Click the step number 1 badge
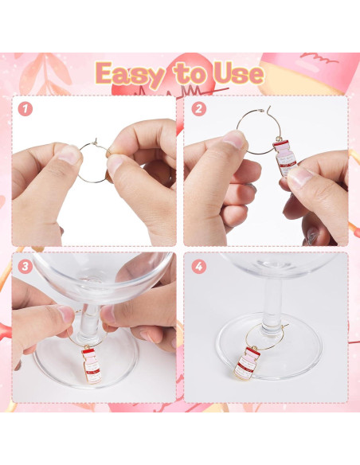click(25, 108)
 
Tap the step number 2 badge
click(198, 109)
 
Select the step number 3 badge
click(25, 266)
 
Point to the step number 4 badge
click(198, 266)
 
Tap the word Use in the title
click(239, 73)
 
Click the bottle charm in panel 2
click(284, 158)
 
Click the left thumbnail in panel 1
click(69, 154)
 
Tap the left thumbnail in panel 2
click(235, 139)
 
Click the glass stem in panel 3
click(88, 322)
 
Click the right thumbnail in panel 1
click(115, 164)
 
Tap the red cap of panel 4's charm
click(252, 351)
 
